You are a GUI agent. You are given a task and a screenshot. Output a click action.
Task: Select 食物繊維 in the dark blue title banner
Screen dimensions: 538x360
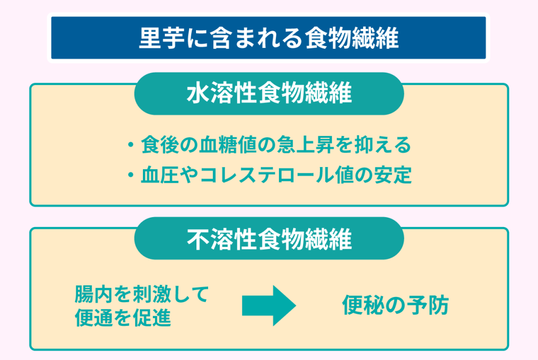pyautogui.click(x=352, y=38)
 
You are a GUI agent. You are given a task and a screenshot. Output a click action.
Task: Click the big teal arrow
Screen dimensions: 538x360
pyautogui.click(x=269, y=305)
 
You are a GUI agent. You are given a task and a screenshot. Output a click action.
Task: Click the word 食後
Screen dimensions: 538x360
pyautogui.click(x=160, y=145)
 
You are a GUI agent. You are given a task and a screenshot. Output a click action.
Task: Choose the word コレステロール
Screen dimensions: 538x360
pyautogui.click(x=267, y=175)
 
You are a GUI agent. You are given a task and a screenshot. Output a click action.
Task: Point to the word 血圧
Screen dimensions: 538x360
pyautogui.click(x=160, y=175)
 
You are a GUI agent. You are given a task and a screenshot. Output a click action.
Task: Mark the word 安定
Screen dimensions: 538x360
pyautogui.click(x=392, y=175)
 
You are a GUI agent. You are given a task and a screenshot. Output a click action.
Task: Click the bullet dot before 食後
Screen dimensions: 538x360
pyautogui.click(x=130, y=145)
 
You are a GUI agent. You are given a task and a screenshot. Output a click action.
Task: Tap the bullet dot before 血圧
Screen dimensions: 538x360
pyautogui.click(x=130, y=175)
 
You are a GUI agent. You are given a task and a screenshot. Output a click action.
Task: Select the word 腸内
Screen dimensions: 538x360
pyautogui.click(x=94, y=294)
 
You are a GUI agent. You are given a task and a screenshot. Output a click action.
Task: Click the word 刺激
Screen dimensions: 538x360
pyautogui.click(x=151, y=294)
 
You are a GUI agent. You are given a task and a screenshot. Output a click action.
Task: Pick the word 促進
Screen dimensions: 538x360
pyautogui.click(x=151, y=318)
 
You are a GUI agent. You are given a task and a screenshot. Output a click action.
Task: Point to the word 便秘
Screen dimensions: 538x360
pyautogui.click(x=361, y=305)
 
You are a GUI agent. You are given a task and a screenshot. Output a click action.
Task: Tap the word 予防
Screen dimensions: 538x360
pyautogui.click(x=429, y=305)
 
